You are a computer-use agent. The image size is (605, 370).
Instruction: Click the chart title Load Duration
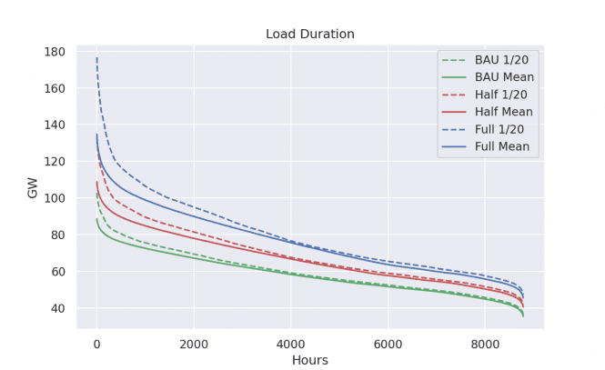[309, 35]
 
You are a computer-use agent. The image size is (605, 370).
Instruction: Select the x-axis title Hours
[309, 360]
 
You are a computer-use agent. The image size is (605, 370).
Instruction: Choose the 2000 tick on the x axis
[193, 344]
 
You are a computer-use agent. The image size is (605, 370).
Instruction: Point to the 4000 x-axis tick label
[290, 344]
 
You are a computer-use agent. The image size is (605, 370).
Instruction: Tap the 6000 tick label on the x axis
[388, 344]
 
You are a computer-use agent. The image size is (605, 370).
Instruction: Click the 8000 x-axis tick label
[485, 344]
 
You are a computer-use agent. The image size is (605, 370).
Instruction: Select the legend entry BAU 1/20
[501, 60]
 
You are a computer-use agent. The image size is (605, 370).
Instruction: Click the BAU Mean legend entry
[504, 77]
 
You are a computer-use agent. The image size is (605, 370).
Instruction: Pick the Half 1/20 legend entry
[501, 95]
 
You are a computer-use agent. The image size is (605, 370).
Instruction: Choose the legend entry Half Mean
[504, 112]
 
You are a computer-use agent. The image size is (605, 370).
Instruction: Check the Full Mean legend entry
[503, 146]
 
